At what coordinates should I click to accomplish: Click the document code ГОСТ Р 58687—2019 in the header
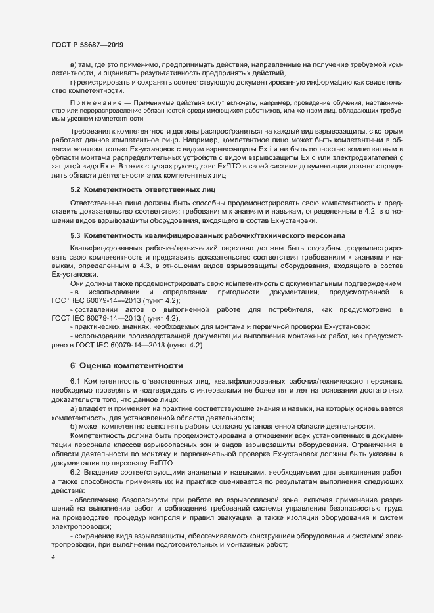click(x=87, y=45)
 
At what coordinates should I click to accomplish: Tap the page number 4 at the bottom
click(x=53, y=557)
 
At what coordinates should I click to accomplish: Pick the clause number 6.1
click(x=76, y=381)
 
